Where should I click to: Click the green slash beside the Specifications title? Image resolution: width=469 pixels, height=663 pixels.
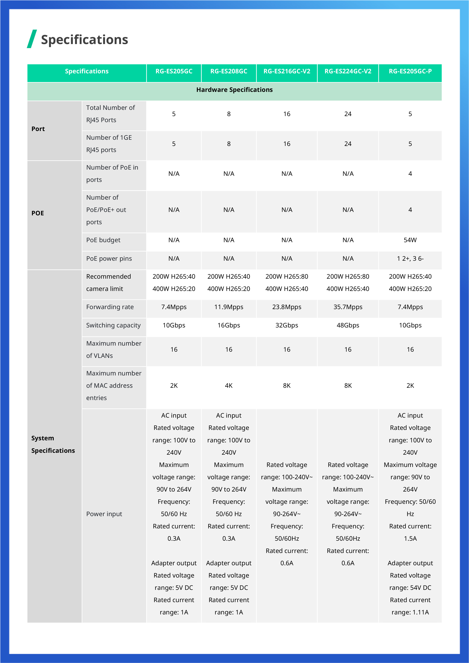click(x=32, y=39)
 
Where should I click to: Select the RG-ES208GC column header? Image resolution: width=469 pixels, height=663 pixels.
click(x=228, y=71)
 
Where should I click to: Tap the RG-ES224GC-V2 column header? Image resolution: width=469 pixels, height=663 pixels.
click(x=348, y=71)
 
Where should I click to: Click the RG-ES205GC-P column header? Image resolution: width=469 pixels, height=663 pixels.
click(x=410, y=71)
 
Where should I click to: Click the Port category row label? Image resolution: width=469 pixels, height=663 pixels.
click(x=38, y=129)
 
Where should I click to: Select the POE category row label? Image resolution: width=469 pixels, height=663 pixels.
click(x=38, y=213)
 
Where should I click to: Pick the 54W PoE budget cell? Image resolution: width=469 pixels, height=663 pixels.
click(x=410, y=240)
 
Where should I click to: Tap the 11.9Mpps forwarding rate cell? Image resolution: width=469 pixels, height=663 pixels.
click(x=228, y=307)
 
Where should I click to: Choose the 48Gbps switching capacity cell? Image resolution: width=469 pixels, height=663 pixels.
click(x=348, y=325)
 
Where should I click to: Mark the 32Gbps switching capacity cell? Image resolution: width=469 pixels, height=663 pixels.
click(x=287, y=325)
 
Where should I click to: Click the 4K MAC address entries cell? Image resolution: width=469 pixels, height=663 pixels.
click(x=228, y=385)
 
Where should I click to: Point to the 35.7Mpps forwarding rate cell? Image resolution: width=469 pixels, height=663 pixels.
click(x=348, y=307)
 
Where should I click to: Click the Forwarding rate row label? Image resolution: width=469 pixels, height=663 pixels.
click(x=110, y=307)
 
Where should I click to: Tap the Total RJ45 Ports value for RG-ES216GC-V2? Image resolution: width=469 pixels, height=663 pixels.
click(x=287, y=114)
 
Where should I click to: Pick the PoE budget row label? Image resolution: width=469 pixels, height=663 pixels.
click(x=103, y=240)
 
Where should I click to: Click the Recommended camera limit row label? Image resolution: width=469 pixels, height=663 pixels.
click(x=108, y=282)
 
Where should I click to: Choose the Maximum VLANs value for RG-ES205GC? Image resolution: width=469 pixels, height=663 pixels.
click(x=174, y=349)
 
